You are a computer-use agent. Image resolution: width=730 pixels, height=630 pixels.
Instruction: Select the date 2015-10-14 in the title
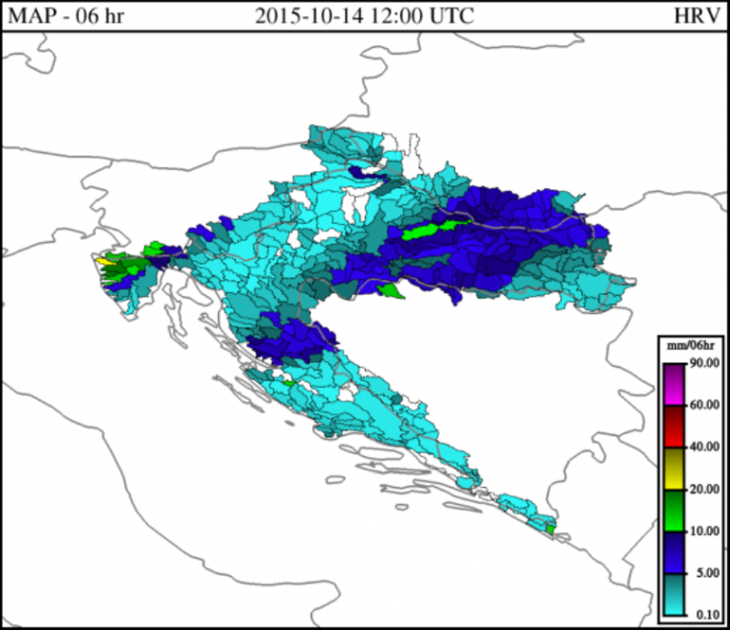click(x=304, y=16)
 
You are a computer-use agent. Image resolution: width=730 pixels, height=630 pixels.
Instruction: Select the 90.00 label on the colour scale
click(x=705, y=362)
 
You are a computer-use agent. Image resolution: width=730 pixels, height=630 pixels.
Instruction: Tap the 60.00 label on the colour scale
click(x=705, y=404)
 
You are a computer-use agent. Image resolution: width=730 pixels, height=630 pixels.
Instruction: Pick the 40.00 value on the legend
click(x=705, y=447)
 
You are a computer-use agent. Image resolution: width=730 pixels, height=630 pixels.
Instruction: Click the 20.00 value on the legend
click(x=705, y=489)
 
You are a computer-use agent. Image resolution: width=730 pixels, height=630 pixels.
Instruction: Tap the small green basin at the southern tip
click(x=550, y=528)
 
